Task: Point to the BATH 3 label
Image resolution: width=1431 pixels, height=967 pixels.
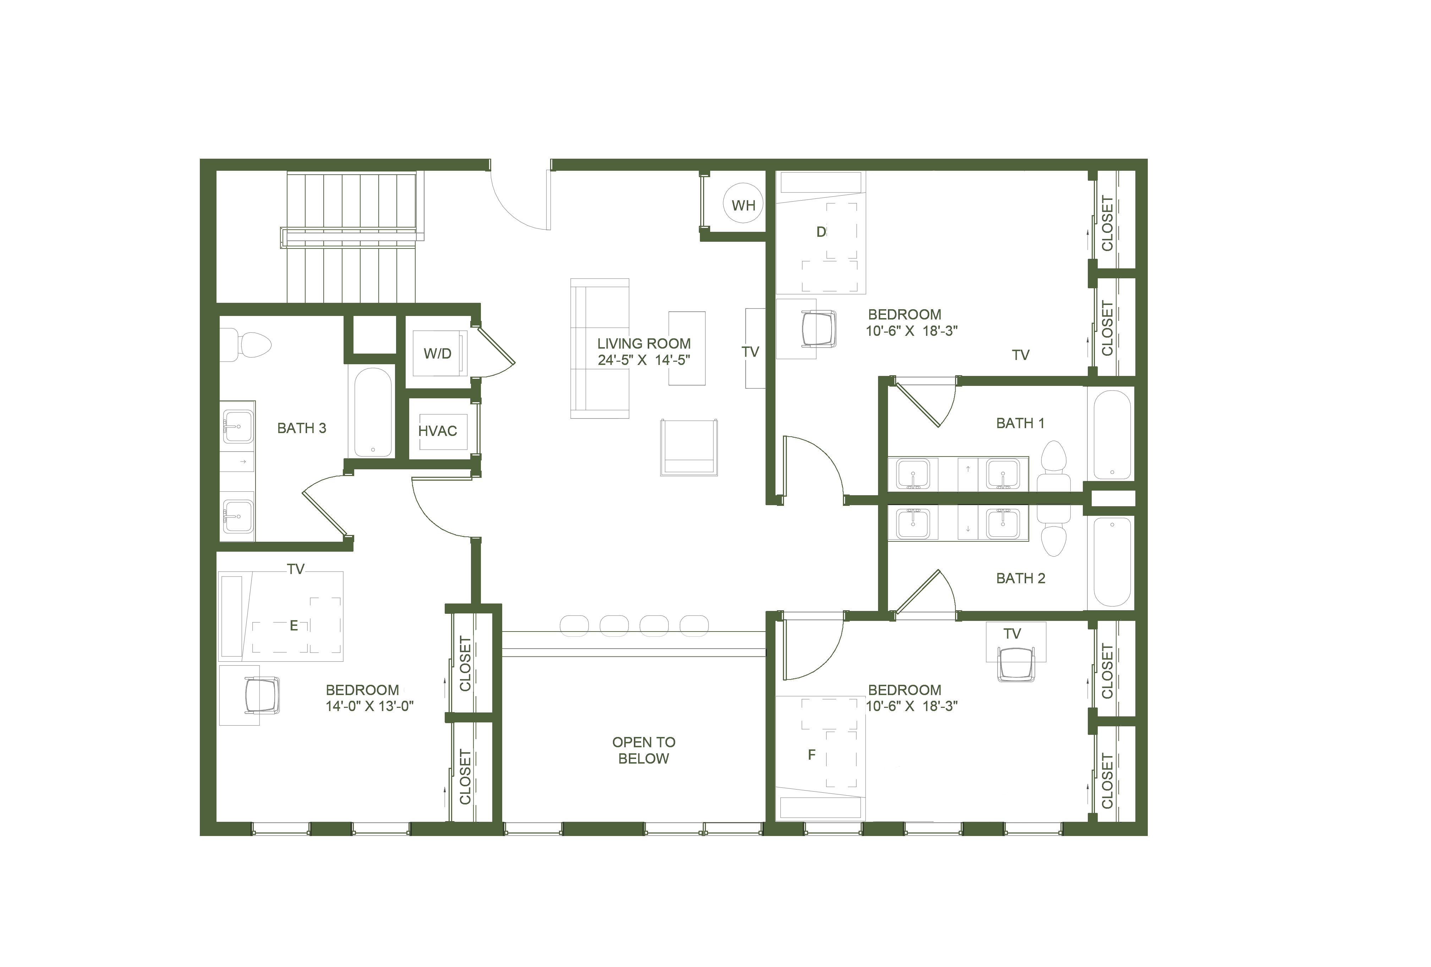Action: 302,428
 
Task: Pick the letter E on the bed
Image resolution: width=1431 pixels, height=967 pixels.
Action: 294,626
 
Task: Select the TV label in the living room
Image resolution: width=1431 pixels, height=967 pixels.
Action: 750,352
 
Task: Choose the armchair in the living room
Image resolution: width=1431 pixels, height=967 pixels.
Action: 689,447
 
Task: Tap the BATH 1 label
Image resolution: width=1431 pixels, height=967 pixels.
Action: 1020,423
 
